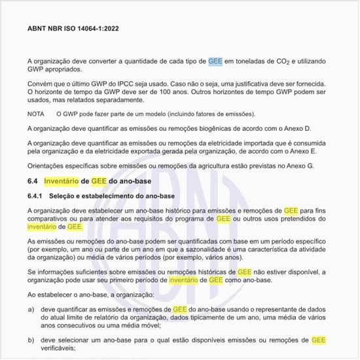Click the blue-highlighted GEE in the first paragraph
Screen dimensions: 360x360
pos(215,61)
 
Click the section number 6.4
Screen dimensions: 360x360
pos(33,181)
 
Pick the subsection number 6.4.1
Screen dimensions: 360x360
pos(36,196)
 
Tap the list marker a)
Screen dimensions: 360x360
pos(31,308)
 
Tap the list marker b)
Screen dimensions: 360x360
pos(31,340)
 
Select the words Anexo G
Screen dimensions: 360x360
pos(299,166)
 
